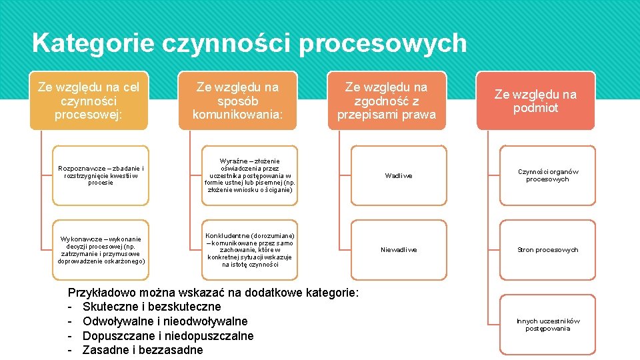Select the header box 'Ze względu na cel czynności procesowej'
point(89,101)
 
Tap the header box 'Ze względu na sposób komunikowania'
point(237,101)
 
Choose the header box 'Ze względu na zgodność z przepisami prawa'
point(387,101)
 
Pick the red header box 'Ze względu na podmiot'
point(535,101)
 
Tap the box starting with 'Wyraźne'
point(250,175)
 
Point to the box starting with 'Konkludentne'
point(250,250)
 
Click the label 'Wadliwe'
point(399,176)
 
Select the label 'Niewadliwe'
point(399,250)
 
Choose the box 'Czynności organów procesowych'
point(547,175)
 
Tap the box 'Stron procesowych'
point(547,250)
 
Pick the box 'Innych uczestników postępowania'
point(547,325)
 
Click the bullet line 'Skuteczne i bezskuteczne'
point(151,307)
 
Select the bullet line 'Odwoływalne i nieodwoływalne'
point(165,321)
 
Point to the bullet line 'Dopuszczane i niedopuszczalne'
point(168,336)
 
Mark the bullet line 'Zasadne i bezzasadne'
point(142,350)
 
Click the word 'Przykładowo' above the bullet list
point(101,293)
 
